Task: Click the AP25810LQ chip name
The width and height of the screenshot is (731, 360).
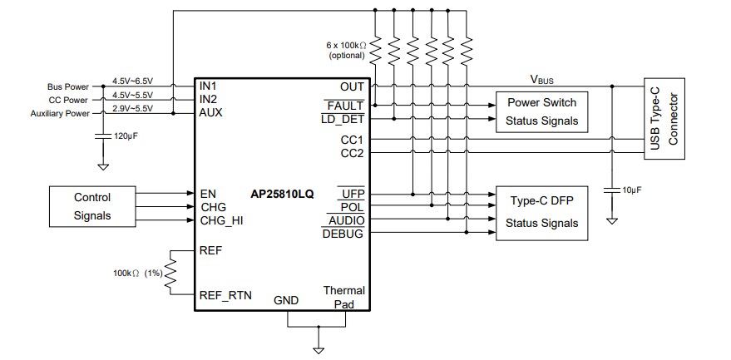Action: pyautogui.click(x=282, y=194)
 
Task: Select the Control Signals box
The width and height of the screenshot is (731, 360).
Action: pyautogui.click(x=92, y=206)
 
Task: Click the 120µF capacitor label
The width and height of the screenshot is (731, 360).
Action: pyautogui.click(x=125, y=135)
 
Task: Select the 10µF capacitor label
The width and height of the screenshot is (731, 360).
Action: pyautogui.click(x=634, y=190)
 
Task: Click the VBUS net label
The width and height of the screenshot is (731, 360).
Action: pyautogui.click(x=543, y=80)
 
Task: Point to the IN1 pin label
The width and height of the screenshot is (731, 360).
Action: pyautogui.click(x=209, y=86)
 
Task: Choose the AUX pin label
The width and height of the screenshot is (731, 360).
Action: pyautogui.click(x=211, y=113)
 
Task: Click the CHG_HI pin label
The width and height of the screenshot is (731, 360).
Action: pyautogui.click(x=222, y=220)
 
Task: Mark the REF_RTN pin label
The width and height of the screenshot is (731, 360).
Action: pyautogui.click(x=226, y=296)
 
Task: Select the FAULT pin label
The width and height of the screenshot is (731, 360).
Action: pyautogui.click(x=345, y=106)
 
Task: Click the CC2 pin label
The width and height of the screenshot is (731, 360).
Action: pyautogui.click(x=352, y=154)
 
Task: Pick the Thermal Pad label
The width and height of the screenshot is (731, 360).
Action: pyautogui.click(x=343, y=297)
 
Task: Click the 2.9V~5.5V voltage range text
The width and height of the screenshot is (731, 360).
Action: pyautogui.click(x=132, y=109)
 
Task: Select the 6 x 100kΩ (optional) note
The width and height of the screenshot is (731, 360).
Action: pyautogui.click(x=345, y=51)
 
